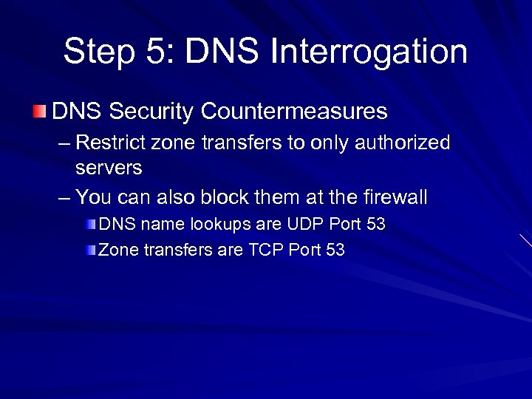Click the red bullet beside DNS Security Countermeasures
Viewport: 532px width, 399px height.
coord(39,112)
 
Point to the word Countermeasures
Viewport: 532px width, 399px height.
coord(294,112)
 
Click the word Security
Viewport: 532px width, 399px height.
coord(151,112)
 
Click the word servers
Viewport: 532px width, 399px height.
coord(109,168)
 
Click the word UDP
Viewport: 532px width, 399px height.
coord(299,224)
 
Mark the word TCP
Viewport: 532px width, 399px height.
coord(265,250)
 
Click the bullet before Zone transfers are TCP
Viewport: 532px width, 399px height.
coord(90,250)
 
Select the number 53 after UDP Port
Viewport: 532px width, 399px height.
coord(375,224)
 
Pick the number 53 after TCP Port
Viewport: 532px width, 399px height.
coord(335,250)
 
